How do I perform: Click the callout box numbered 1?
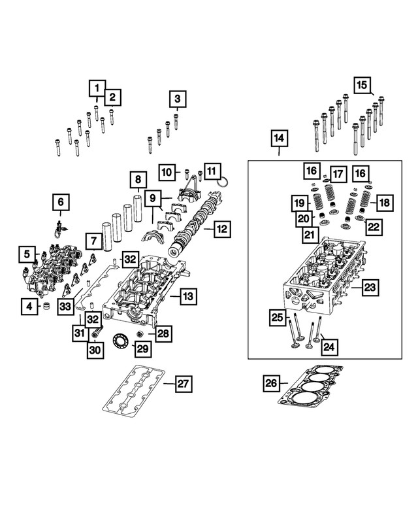97,88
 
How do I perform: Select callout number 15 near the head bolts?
362,84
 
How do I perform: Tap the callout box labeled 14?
279,139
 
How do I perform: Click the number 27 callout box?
183,384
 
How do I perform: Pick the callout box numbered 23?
370,286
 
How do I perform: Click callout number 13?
187,297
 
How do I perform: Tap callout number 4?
28,305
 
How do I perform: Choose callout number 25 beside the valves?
278,319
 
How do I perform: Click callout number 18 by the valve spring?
383,203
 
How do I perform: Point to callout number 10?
167,173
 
